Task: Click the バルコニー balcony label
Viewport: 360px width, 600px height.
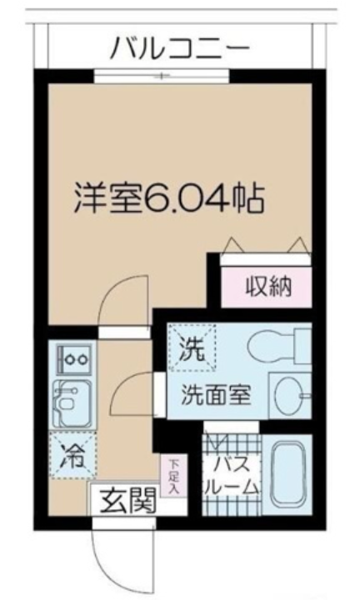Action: [x=180, y=47]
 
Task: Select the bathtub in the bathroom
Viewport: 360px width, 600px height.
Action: [x=288, y=472]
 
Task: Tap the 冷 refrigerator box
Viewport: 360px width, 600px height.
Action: [x=69, y=455]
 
